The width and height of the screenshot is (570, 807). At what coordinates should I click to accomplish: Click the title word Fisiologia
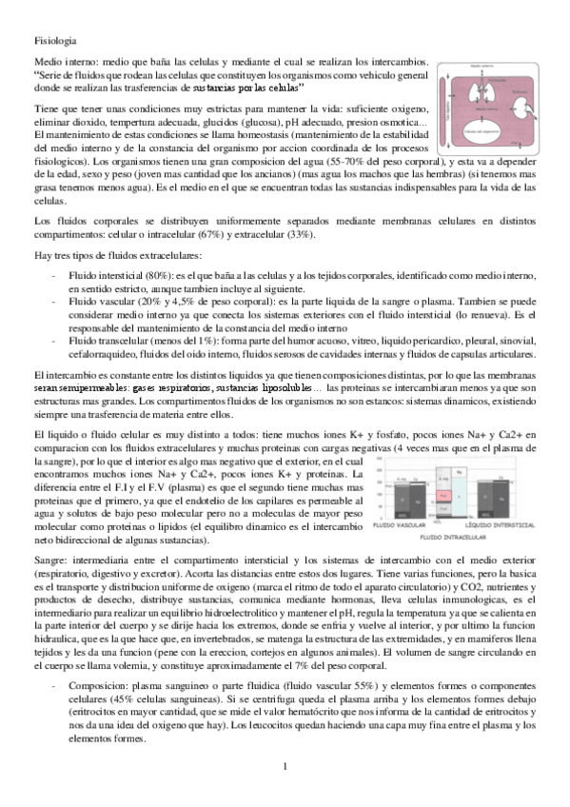point(49,42)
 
